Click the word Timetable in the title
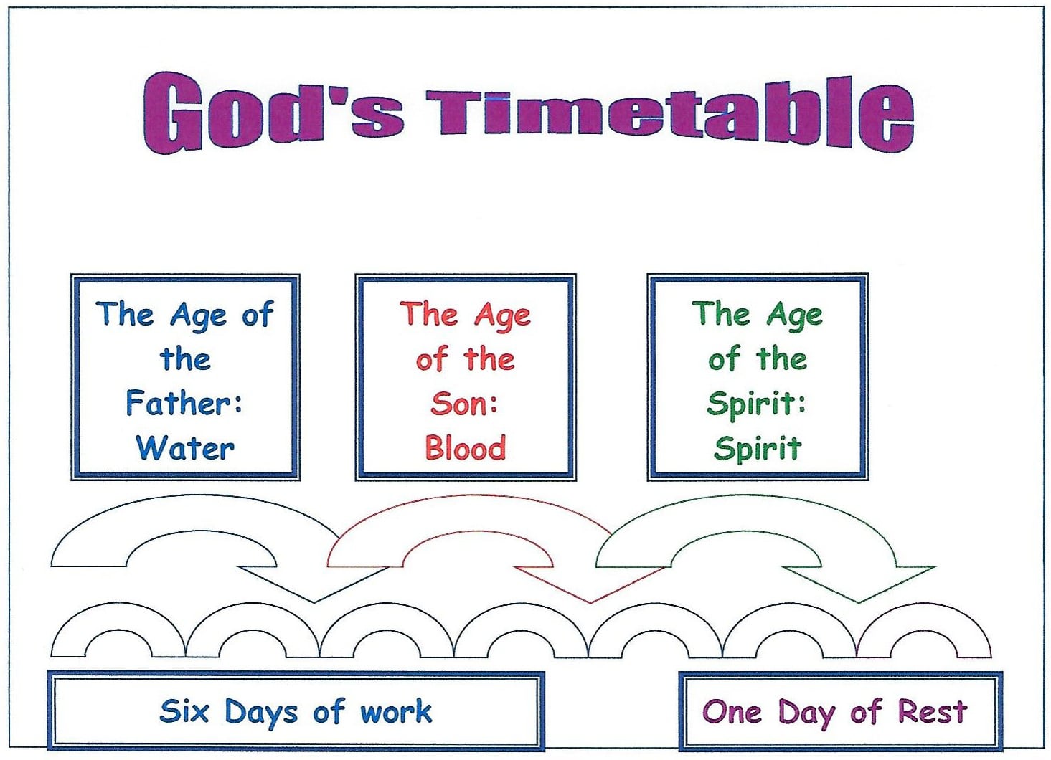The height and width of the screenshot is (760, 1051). [671, 115]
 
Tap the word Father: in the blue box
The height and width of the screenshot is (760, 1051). [184, 403]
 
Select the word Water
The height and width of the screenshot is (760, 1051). [185, 448]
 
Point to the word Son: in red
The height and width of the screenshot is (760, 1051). [464, 404]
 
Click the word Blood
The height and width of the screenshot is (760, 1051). [466, 448]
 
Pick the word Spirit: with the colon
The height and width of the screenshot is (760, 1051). [757, 404]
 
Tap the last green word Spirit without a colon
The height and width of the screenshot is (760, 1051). [758, 449]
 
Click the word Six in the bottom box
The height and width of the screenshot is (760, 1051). [184, 711]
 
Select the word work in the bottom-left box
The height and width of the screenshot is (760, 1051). [396, 711]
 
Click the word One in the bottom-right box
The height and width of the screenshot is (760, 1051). [732, 712]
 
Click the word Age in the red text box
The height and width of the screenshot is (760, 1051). [502, 316]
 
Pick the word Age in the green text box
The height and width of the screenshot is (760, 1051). [794, 316]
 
